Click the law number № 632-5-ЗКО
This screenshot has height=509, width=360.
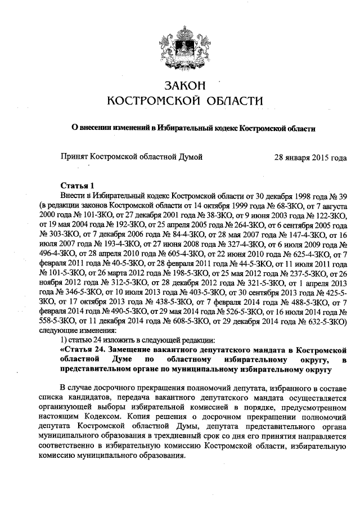coord(322,321)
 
